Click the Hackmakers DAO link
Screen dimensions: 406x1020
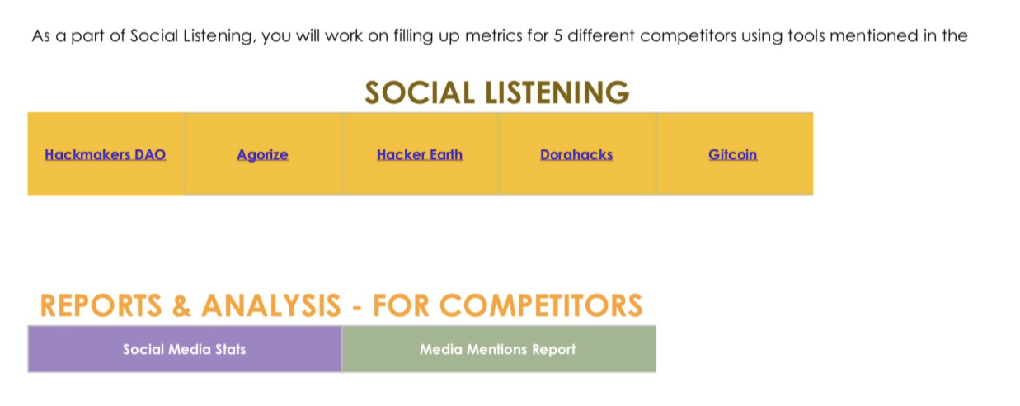[106, 154]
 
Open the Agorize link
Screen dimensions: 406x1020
[262, 154]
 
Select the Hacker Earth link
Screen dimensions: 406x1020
[420, 154]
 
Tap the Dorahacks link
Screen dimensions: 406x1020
[576, 154]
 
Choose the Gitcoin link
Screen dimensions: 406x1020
[732, 154]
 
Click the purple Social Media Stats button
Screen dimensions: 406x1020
[185, 349]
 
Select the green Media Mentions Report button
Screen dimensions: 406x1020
[498, 349]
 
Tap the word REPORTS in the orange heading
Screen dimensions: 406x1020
[101, 306]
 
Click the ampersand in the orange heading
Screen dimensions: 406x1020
[181, 306]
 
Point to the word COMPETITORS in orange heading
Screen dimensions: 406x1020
[540, 306]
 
